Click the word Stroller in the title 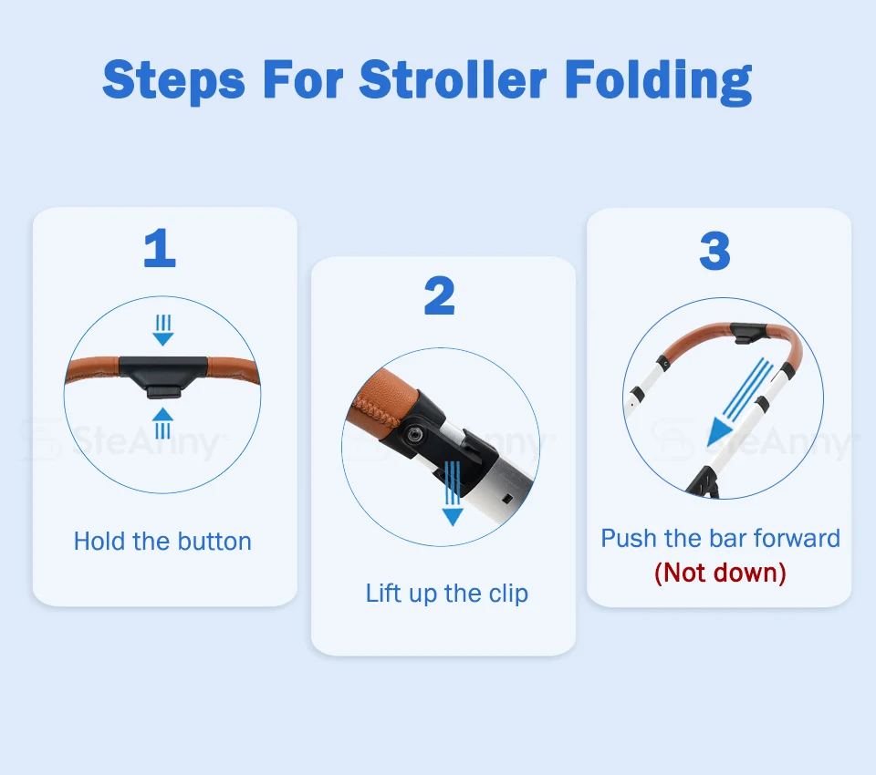[452, 79]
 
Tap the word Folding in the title [659, 81]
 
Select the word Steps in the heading [173, 82]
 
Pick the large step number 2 [440, 295]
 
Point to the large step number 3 [715, 251]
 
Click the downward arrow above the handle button [163, 330]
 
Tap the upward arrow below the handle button [162, 423]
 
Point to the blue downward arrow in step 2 [453, 493]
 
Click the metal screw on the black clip [413, 434]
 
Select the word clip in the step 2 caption [508, 594]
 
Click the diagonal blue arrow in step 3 [740, 403]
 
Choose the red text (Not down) [720, 573]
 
